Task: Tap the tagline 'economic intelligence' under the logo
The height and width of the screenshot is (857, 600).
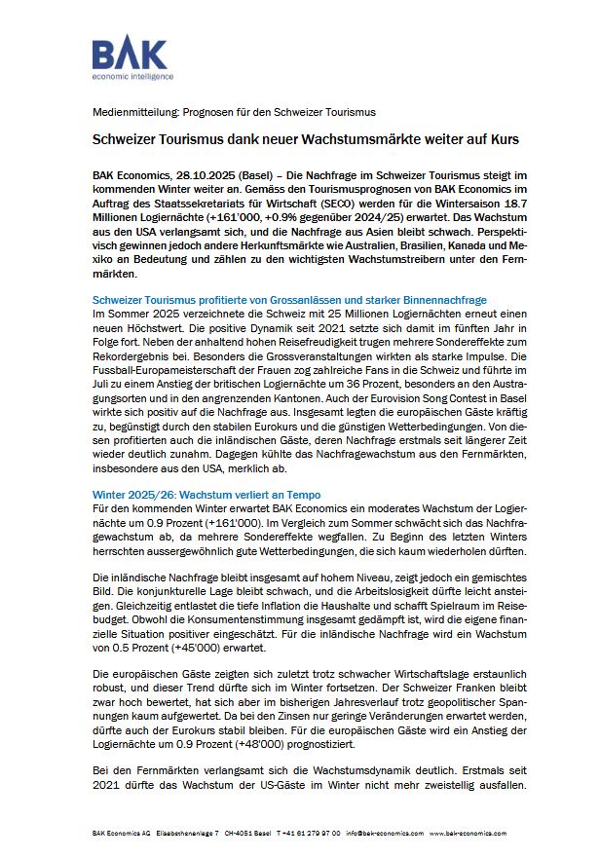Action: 132,75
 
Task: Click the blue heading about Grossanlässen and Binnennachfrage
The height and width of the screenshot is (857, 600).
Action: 288,299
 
